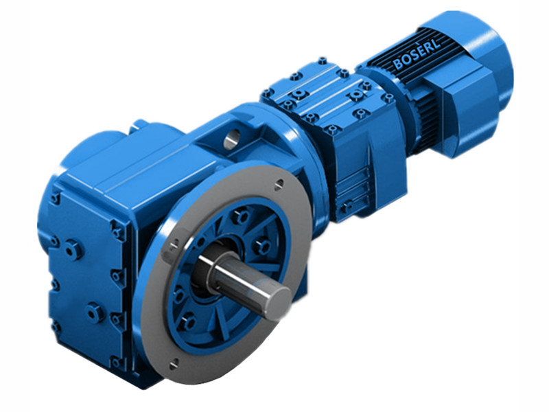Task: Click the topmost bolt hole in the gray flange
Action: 278,183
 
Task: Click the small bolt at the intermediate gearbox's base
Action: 348,205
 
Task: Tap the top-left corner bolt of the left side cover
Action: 54,199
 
